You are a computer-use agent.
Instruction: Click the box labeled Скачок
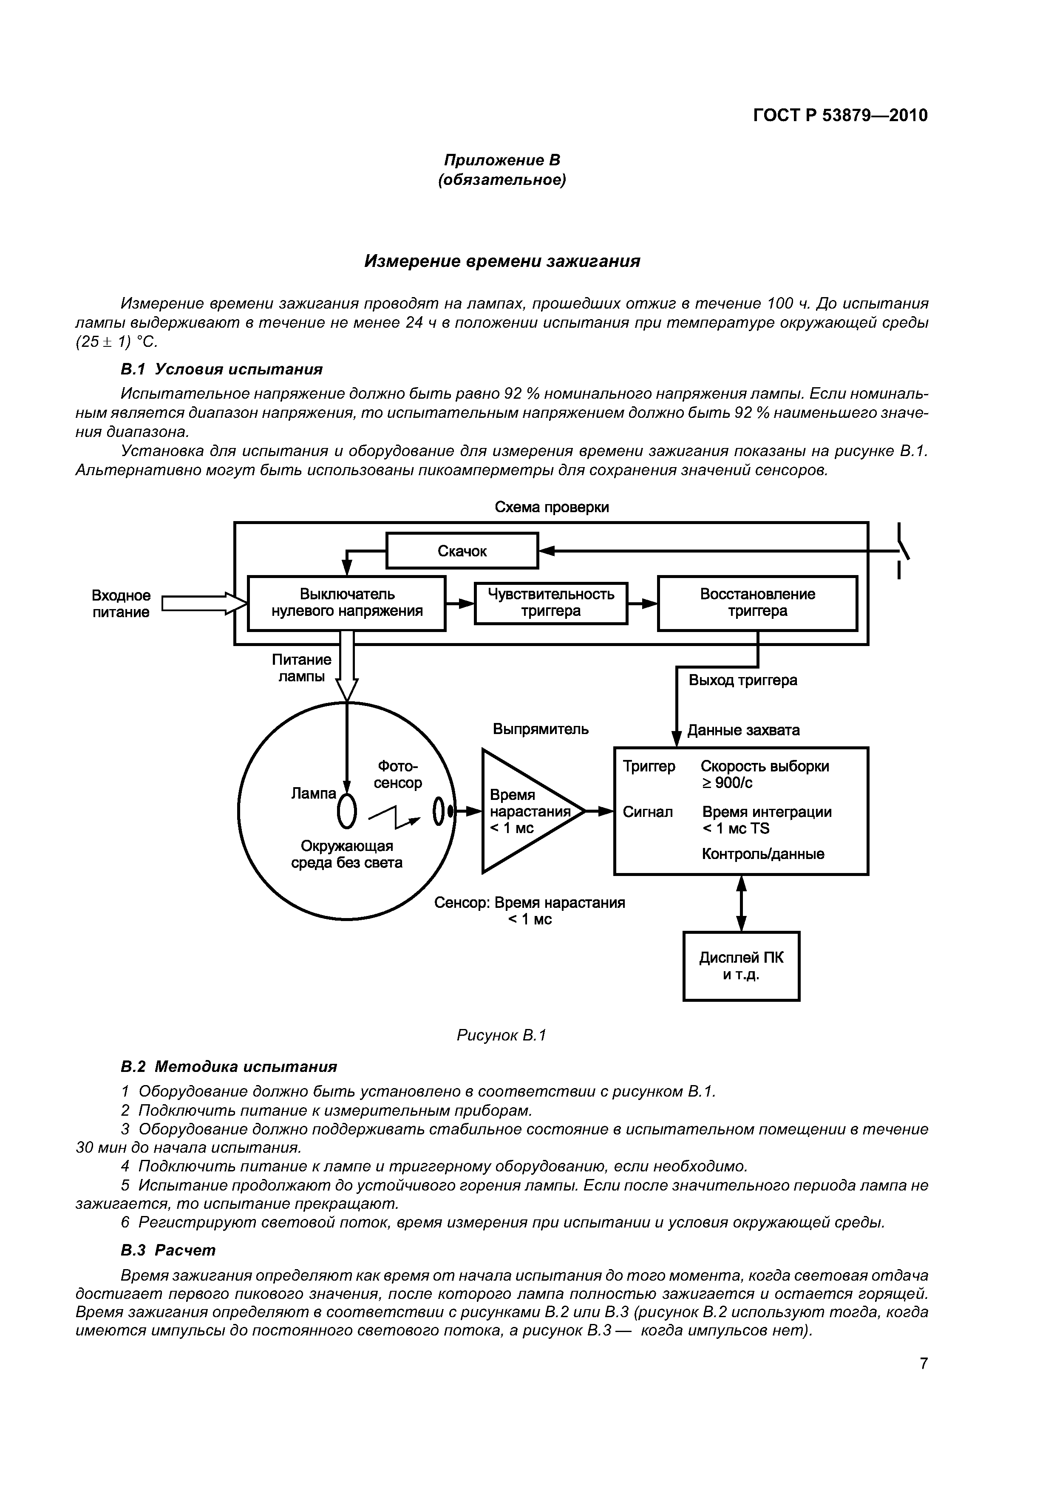(x=462, y=551)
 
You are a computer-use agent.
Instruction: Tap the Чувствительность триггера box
(x=551, y=603)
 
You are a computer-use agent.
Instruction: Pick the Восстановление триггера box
(x=757, y=603)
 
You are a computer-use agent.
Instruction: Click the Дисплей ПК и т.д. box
(x=741, y=966)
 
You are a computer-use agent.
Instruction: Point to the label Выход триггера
(x=743, y=680)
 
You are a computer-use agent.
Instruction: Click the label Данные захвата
(x=744, y=730)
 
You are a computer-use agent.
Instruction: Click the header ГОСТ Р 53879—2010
(x=840, y=116)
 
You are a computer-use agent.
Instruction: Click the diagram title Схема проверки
(x=551, y=507)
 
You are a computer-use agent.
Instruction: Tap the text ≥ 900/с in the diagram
(x=727, y=783)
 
